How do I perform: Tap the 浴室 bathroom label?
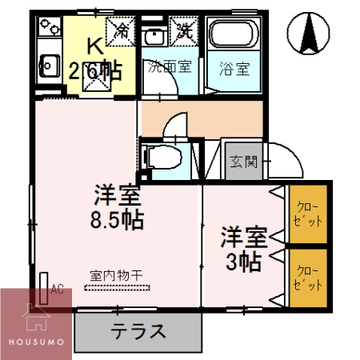pos(235,68)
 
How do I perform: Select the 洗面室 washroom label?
pos(169,67)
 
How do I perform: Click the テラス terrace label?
pos(138,330)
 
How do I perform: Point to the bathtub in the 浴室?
pos(234,36)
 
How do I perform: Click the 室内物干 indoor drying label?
pos(116,276)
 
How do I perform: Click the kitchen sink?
pos(48,63)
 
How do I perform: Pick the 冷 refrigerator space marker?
pos(122,31)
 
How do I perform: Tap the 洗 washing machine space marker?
pos(184,31)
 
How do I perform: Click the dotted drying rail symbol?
pos(117,286)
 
